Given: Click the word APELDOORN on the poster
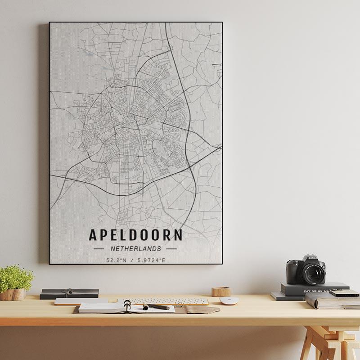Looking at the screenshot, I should pyautogui.click(x=136, y=235).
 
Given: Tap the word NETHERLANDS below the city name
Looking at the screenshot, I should pyautogui.click(x=136, y=248).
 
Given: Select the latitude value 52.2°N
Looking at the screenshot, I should pyautogui.click(x=115, y=260).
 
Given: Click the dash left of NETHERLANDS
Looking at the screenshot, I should pyautogui.click(x=98, y=248).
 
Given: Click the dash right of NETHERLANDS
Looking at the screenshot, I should pyautogui.click(x=171, y=248).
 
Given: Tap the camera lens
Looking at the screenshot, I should pyautogui.click(x=314, y=272).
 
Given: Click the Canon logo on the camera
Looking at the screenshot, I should pyautogui.click(x=312, y=258).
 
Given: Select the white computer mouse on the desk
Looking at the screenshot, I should pyautogui.click(x=228, y=301).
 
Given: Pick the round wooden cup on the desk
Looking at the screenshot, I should pyautogui.click(x=221, y=292).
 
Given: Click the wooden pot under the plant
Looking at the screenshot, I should pyautogui.click(x=13, y=294).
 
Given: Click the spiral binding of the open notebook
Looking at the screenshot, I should pyautogui.click(x=127, y=306).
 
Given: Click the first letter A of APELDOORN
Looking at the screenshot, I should pyautogui.click(x=93, y=235).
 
